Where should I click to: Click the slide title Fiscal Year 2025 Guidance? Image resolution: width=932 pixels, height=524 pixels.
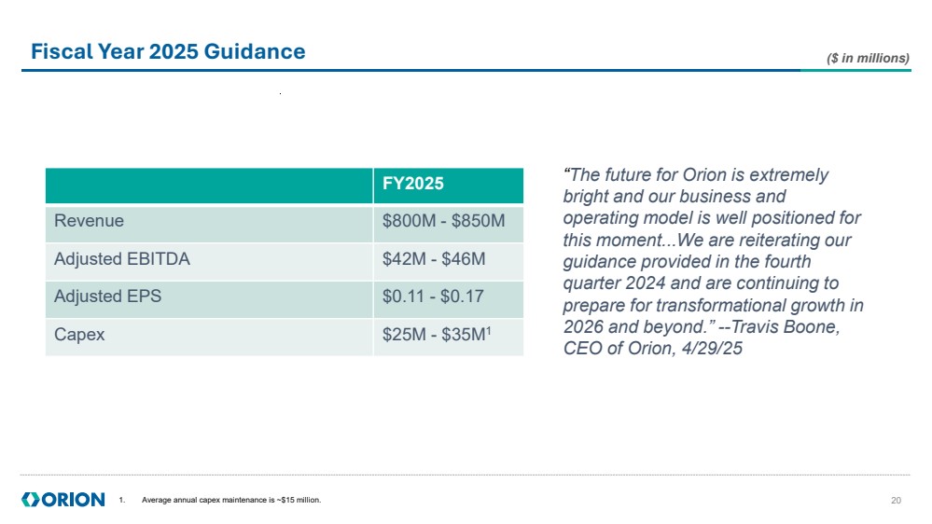click(x=168, y=51)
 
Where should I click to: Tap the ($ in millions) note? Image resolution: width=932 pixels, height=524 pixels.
click(x=868, y=58)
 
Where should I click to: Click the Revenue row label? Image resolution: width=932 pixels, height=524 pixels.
click(x=90, y=222)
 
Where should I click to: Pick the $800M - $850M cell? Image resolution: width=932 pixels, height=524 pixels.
click(x=444, y=222)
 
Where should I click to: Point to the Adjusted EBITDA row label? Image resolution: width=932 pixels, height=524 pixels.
click(x=122, y=259)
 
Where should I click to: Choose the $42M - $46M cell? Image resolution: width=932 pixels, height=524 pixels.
click(x=434, y=259)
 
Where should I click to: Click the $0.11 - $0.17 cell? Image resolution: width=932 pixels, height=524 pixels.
click(x=434, y=296)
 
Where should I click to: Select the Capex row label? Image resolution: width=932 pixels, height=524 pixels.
click(x=79, y=335)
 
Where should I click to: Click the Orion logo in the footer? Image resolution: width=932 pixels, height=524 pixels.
click(x=63, y=500)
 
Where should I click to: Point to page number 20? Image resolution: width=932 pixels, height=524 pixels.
click(x=897, y=501)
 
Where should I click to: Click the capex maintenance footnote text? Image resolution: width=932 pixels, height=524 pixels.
click(x=230, y=501)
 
